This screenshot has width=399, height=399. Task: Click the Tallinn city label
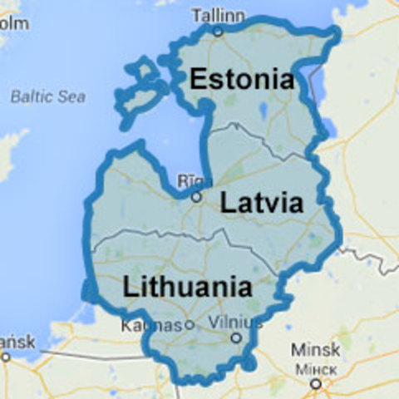coord(218,15)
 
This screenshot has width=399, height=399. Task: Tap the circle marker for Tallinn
coord(218,32)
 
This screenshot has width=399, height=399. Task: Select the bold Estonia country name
coord(241,80)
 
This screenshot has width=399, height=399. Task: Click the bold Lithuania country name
coord(187,288)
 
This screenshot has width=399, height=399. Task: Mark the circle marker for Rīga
coord(196,198)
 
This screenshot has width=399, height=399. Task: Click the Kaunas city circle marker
coord(189,325)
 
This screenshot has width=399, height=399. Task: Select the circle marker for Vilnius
coord(236,338)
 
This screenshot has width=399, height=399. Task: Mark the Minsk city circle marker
coord(315,383)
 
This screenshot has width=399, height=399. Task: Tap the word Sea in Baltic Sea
coord(72,96)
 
